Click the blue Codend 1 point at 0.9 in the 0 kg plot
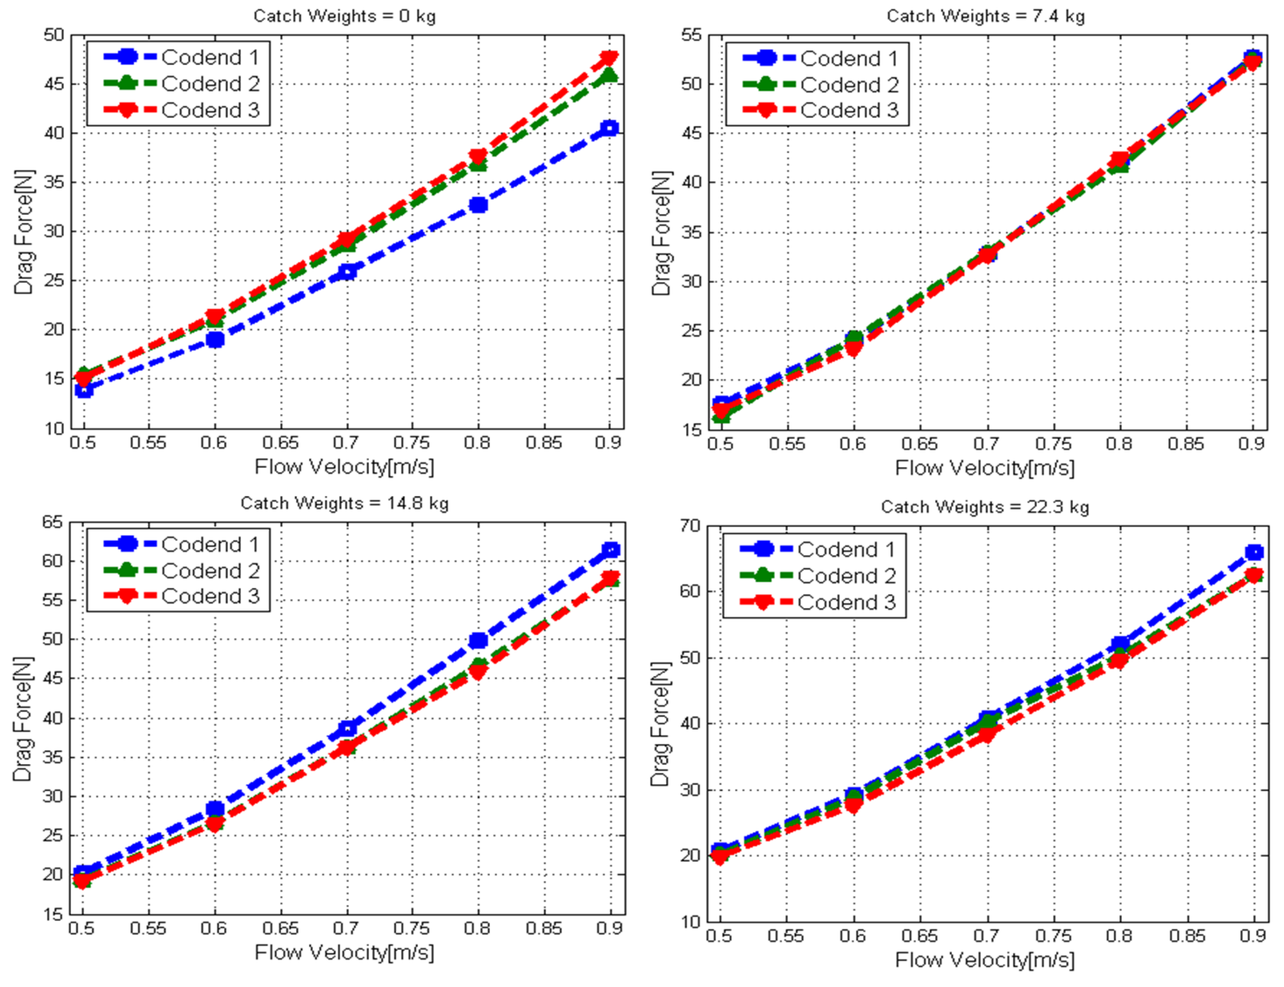610,128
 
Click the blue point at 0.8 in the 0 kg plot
478,205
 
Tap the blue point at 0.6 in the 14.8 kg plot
215,808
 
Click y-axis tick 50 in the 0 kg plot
54,34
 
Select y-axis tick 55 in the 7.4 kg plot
692,34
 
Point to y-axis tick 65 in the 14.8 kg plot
53,522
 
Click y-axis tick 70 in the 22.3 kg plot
692,525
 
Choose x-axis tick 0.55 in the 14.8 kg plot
148,929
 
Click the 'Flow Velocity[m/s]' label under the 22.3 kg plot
984,959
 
